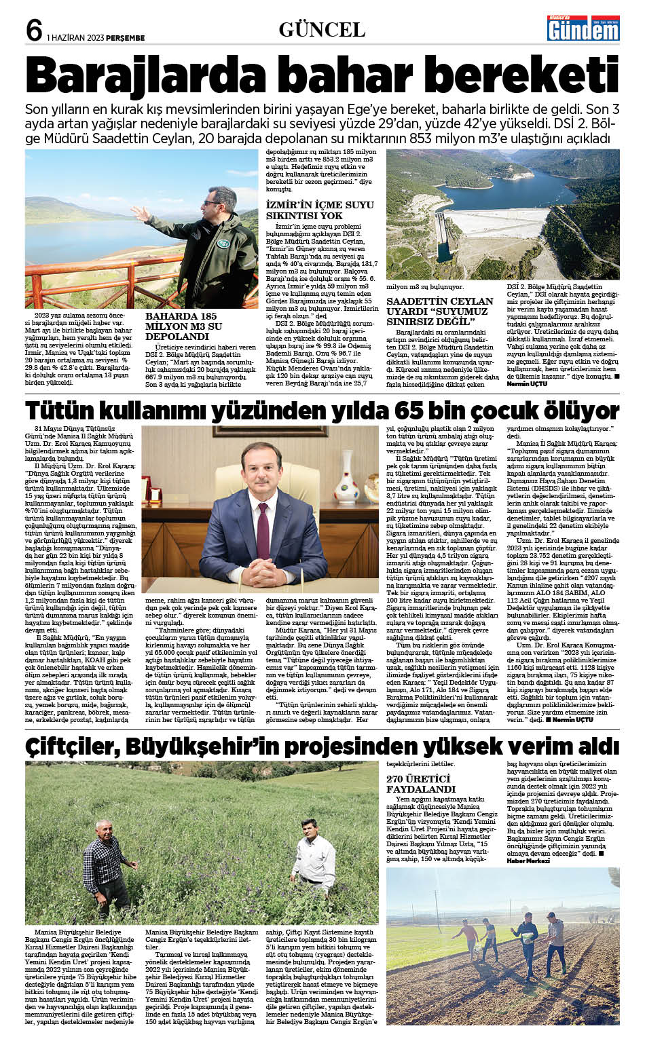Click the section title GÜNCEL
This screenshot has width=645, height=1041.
pos(322,29)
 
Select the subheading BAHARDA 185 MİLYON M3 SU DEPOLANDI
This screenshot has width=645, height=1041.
pos(183,326)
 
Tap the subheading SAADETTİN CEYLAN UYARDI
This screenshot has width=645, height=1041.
pos(440,311)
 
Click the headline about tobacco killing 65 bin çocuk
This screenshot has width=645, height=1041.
pos(322,411)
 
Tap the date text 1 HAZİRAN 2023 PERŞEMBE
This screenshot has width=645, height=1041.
pos(96,38)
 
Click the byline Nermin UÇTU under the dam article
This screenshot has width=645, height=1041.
pos(526,384)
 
